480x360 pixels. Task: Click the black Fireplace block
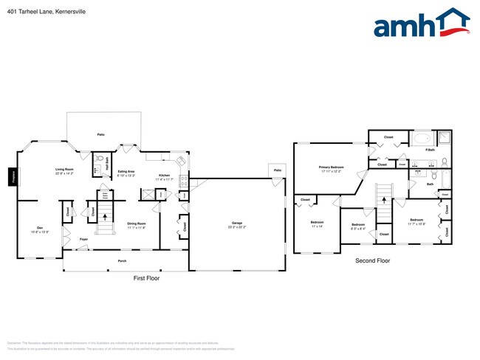[x=12, y=177]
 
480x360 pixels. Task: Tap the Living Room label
[x=65, y=170]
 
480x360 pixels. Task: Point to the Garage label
[x=237, y=224]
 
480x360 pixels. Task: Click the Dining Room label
[x=136, y=224]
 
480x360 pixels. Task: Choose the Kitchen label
[x=165, y=176]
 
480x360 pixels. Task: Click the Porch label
[x=123, y=261]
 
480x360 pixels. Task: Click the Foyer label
[x=84, y=240]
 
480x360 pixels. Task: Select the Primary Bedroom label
[x=332, y=168]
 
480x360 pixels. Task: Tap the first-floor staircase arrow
[x=104, y=217]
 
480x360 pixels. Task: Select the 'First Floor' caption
[x=146, y=278]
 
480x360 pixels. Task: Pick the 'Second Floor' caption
[x=372, y=260]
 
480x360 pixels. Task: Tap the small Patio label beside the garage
[x=278, y=170]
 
